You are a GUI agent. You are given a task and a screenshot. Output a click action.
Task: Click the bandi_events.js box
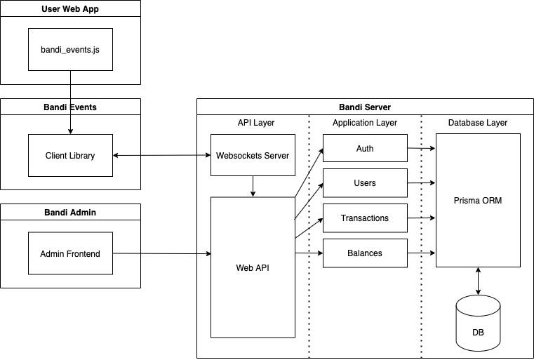(70, 49)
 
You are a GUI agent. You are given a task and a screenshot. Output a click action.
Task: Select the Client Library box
(70, 155)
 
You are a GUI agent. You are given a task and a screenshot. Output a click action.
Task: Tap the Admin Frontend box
(70, 253)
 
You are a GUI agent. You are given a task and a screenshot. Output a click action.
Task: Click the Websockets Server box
(253, 155)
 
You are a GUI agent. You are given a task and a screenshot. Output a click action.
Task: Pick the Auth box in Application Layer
(365, 149)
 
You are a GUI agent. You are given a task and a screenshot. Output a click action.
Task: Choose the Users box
(365, 183)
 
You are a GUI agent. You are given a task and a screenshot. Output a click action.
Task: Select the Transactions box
(365, 218)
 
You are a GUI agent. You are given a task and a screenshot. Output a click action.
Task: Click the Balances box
(365, 253)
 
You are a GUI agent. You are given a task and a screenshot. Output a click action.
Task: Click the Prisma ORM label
(478, 201)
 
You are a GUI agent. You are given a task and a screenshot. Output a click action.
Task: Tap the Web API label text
(253, 267)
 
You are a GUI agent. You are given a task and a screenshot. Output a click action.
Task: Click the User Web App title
(70, 8)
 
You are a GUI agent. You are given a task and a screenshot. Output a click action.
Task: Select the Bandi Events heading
(70, 107)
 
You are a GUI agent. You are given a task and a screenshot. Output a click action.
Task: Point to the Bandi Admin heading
(70, 212)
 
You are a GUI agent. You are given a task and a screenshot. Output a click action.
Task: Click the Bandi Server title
(365, 107)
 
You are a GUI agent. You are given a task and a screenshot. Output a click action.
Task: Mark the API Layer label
(256, 123)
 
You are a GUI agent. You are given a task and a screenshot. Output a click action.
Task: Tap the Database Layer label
(478, 123)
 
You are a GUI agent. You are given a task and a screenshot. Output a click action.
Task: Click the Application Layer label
(365, 123)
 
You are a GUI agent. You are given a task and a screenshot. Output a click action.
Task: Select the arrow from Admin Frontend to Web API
(161, 253)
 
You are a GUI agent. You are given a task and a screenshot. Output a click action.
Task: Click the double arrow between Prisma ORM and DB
(478, 281)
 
